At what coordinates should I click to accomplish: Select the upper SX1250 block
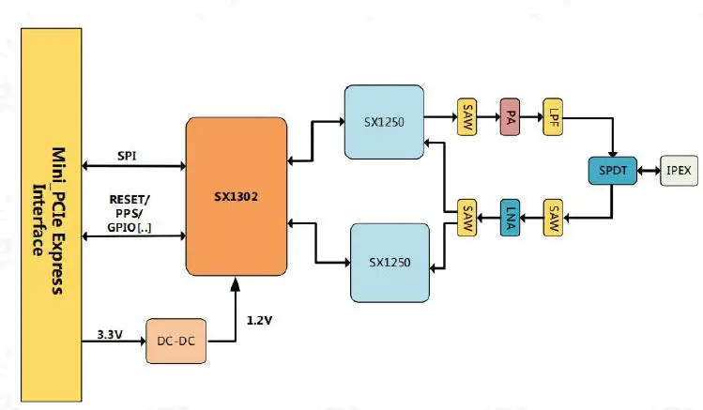point(383,121)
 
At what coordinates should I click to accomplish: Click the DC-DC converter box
point(176,342)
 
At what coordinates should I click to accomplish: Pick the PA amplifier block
point(510,118)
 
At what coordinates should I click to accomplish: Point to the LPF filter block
point(553,118)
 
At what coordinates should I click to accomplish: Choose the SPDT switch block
point(612,170)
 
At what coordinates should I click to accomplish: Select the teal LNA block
point(510,218)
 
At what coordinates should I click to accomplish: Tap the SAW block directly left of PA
point(466,118)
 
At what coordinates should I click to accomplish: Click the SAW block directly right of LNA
point(553,218)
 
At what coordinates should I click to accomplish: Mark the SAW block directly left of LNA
point(466,218)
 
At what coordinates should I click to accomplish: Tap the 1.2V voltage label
point(261,320)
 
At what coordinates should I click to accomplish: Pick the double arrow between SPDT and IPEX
point(649,170)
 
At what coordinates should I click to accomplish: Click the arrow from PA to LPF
point(530,118)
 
